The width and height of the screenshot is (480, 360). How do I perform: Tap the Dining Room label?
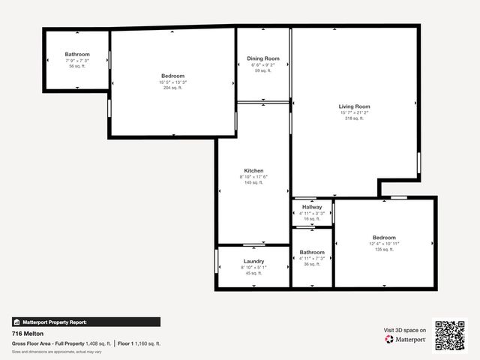tap(263, 58)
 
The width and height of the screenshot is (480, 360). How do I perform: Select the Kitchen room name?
tap(253, 170)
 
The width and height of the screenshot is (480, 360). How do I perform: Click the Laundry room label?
tap(253, 261)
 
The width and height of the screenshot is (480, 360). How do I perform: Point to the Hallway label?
tap(312, 207)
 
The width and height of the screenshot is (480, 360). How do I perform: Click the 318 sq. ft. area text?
tap(354, 118)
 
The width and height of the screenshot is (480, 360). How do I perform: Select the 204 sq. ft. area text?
tap(172, 88)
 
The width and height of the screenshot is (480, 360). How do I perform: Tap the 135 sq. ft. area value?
tap(384, 249)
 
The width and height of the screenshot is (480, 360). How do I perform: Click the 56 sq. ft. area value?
tap(77, 66)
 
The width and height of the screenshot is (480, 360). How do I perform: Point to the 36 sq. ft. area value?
tap(312, 264)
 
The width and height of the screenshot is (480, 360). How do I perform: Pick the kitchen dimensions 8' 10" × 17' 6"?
tap(253, 176)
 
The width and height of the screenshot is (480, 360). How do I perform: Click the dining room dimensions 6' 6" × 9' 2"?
tap(263, 64)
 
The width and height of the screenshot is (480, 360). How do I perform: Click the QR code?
tap(450, 335)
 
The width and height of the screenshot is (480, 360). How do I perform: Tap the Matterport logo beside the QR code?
tap(405, 340)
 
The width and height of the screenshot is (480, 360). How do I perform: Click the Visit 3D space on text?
tap(405, 330)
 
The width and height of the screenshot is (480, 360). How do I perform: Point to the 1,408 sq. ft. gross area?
tap(97, 343)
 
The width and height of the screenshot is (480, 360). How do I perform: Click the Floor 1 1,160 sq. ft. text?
tap(139, 343)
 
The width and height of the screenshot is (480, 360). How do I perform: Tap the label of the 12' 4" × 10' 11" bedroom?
tap(384, 237)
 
